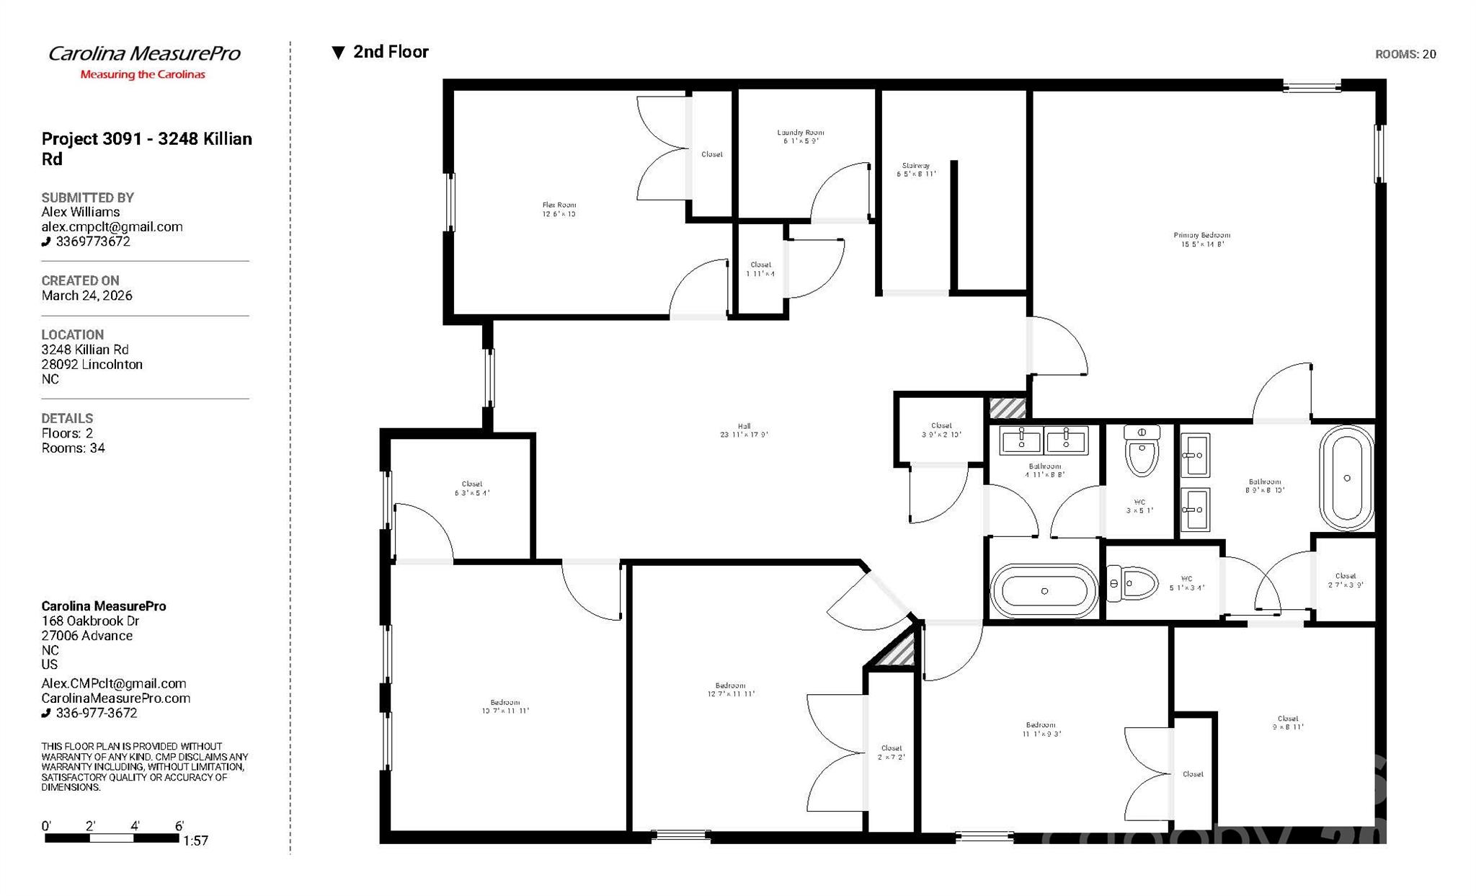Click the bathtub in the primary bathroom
point(1346,478)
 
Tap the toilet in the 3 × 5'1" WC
point(1142,453)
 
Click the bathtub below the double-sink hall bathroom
point(1044,591)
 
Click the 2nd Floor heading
point(391,52)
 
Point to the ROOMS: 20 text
point(1405,54)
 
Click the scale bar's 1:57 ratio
point(195,840)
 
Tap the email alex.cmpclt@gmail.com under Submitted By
point(112,226)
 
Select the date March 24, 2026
point(86,296)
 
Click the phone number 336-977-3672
point(96,713)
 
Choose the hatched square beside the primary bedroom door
point(1007,408)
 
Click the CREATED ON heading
point(80,280)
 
